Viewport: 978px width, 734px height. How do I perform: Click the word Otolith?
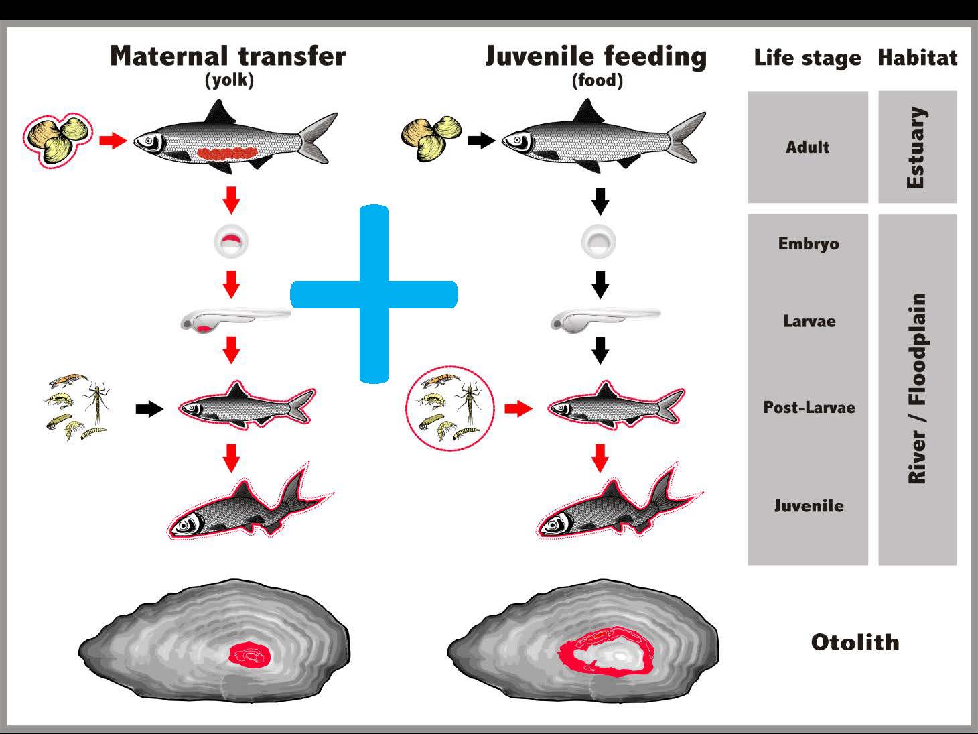(x=855, y=642)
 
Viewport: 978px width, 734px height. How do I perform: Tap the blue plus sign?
(x=374, y=294)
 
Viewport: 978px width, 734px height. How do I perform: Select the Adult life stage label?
(x=807, y=147)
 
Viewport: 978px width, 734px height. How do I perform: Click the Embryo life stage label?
(x=809, y=244)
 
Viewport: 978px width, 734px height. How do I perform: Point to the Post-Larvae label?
(x=809, y=408)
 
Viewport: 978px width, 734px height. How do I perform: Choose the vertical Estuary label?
(x=917, y=147)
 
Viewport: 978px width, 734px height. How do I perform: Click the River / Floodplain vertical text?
(x=917, y=388)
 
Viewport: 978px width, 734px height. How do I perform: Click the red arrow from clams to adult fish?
(x=113, y=141)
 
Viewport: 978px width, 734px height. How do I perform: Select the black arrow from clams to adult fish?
(x=481, y=141)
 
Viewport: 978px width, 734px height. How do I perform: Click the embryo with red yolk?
(x=231, y=241)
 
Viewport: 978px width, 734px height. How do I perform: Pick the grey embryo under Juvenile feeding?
(x=599, y=241)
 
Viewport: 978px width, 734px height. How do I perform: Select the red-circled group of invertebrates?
(x=450, y=408)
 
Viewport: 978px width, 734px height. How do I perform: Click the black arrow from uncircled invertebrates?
(x=149, y=408)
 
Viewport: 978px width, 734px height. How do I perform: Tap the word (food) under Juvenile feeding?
(x=597, y=80)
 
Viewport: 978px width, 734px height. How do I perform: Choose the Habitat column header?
(x=918, y=58)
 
